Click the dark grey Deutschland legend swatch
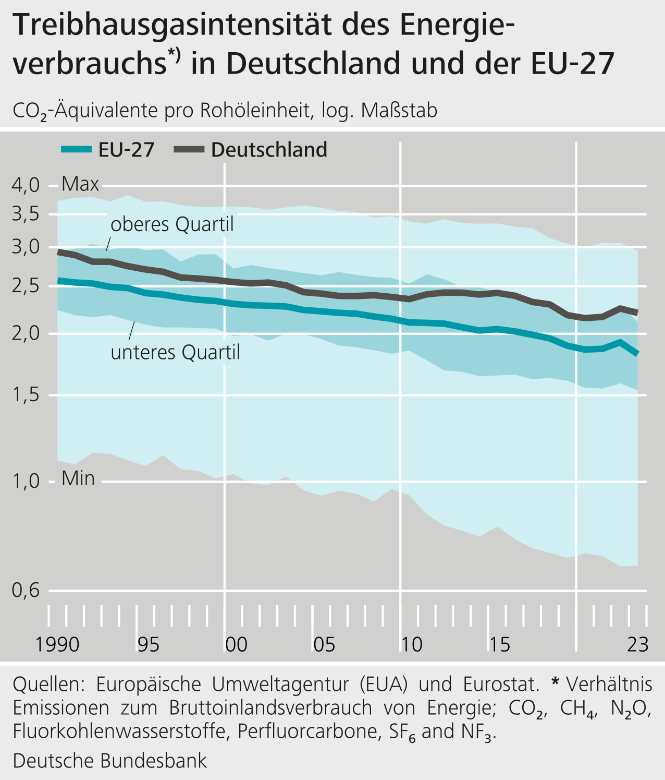pos(189,150)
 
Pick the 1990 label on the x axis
pos(57,645)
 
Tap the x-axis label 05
pos(324,645)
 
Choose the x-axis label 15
pos(499,645)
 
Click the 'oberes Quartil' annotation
pos(173,225)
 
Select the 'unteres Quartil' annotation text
pos(176,353)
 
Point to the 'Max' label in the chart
pos(80,184)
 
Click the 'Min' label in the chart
pos(78,478)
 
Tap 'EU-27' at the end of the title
pos(573,64)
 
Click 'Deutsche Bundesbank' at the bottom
pos(110,761)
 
